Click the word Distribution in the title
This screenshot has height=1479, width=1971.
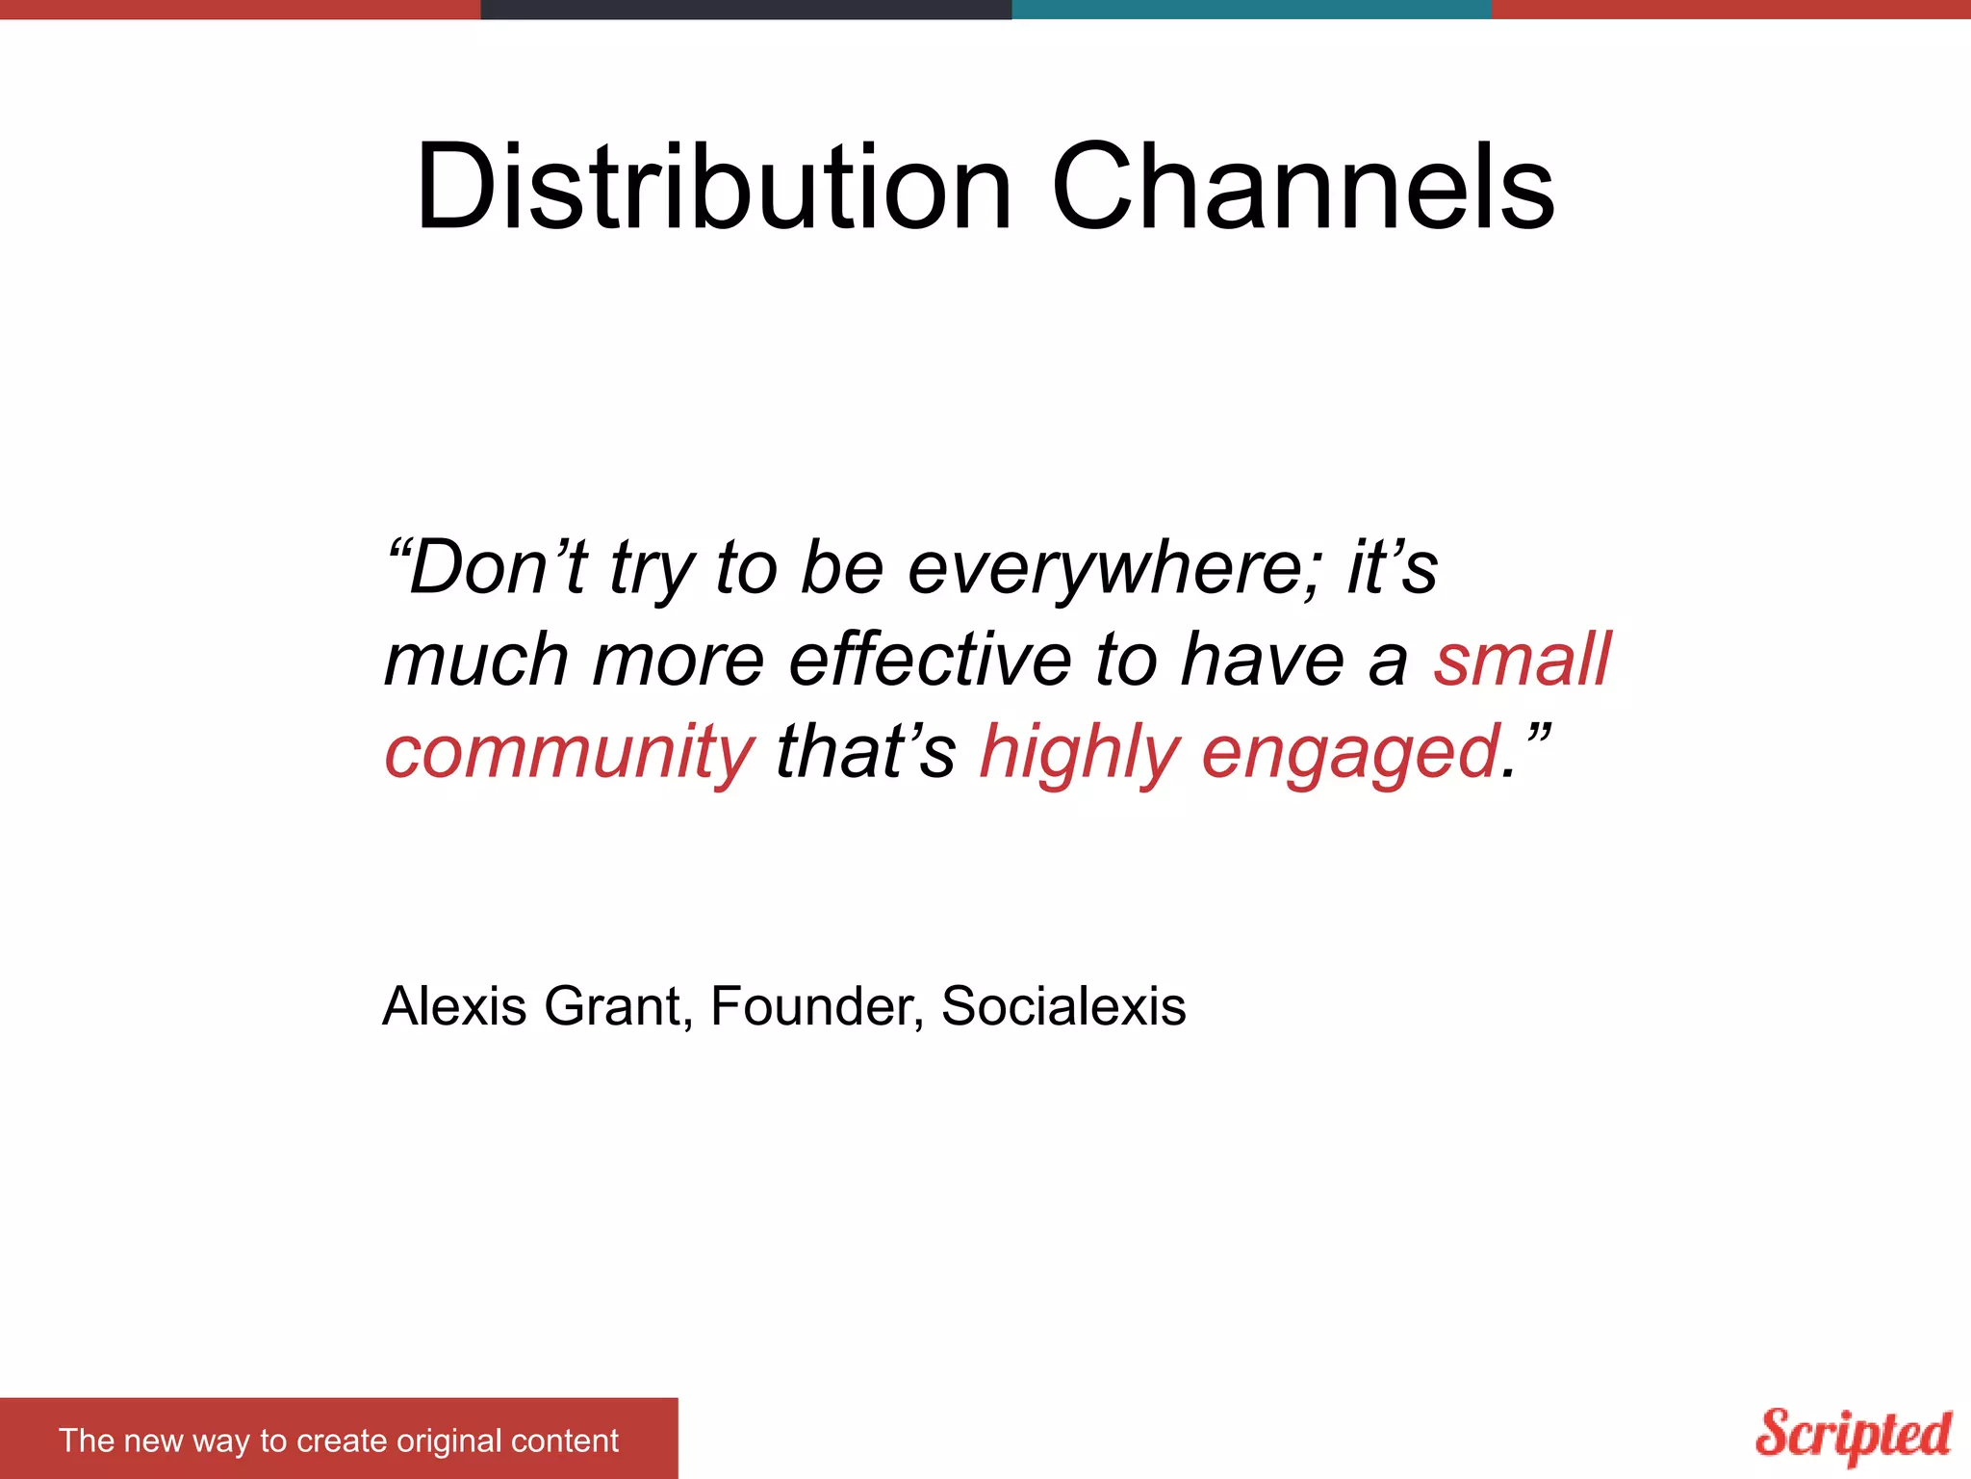coord(713,188)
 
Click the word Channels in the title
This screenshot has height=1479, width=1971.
coord(1303,188)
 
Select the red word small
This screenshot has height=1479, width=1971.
coord(1522,661)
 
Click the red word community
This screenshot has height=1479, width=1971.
coord(569,753)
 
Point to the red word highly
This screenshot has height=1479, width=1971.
coord(1079,753)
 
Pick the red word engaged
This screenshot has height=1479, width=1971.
coord(1351,753)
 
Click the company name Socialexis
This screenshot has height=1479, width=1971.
coord(1063,1007)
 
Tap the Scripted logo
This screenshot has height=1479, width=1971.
coord(1853,1435)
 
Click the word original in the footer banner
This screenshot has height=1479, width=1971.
coord(448,1440)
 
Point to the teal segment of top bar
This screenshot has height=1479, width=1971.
coord(1251,9)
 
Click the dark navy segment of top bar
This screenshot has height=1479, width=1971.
coord(746,9)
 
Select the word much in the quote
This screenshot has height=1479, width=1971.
coord(476,661)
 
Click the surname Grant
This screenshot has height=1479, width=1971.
coord(613,1007)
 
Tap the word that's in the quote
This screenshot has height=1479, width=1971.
coord(865,753)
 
